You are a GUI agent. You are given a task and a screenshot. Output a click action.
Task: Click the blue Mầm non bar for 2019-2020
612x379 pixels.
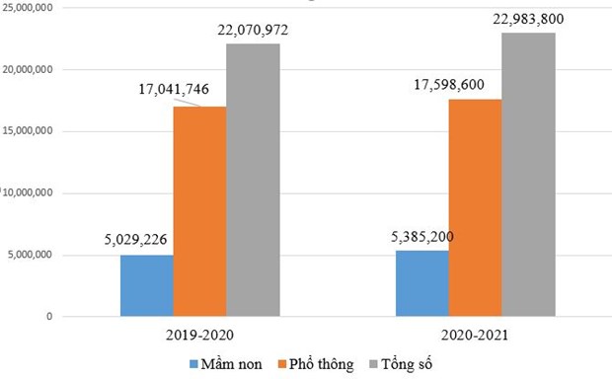146,286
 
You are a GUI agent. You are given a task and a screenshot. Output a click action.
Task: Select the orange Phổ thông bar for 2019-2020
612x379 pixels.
199,211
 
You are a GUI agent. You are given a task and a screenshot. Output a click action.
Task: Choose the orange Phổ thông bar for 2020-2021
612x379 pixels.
475,207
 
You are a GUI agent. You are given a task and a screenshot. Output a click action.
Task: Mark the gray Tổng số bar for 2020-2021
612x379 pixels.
528,175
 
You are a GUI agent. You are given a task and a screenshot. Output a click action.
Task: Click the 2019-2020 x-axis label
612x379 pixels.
199,335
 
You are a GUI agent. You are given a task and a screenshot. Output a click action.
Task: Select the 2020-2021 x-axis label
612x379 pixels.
474,335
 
